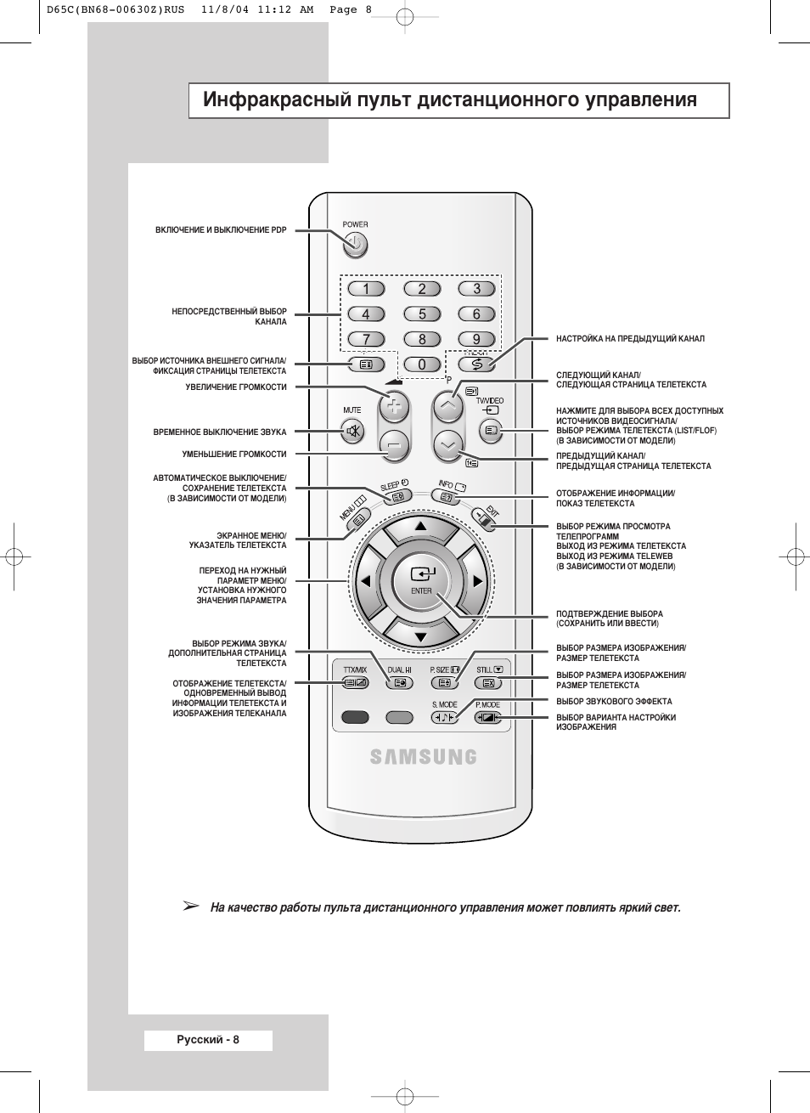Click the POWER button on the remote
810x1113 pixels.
356,246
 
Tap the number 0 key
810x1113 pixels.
422,364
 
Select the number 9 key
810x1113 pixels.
476,339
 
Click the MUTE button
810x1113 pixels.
353,432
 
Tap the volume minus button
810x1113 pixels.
393,444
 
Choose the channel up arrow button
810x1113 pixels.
448,406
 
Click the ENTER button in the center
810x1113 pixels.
422,580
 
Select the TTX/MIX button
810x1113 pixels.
356,682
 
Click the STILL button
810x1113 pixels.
487,682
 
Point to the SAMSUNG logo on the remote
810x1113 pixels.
423,756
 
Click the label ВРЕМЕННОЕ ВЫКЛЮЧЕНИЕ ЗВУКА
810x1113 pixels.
220,432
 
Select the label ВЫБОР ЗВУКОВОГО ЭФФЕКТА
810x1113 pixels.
614,702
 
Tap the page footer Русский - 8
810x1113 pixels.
208,1040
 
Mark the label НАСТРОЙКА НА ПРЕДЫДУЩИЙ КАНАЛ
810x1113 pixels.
630,339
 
